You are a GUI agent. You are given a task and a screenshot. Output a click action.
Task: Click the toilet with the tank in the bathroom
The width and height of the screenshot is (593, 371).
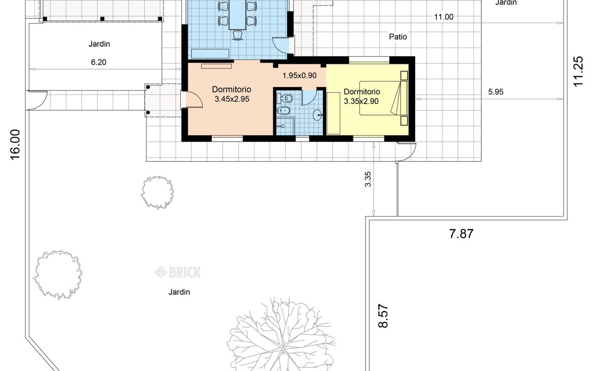click(x=284, y=99)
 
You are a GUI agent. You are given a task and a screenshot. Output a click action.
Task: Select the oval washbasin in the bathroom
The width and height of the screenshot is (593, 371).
click(x=318, y=115)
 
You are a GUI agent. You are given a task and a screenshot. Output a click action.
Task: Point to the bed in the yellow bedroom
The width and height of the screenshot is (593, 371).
click(x=383, y=98)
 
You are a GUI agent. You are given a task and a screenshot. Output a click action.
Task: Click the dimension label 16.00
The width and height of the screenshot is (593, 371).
click(x=15, y=145)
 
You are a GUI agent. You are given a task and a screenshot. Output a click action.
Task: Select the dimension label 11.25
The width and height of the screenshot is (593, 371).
click(x=578, y=71)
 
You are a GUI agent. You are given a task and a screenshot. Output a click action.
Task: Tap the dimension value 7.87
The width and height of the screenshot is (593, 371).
click(x=461, y=234)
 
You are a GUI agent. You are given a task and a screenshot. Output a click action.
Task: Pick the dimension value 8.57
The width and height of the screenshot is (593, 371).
click(x=383, y=316)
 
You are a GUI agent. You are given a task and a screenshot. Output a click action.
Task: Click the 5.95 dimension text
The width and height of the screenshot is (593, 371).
click(x=496, y=92)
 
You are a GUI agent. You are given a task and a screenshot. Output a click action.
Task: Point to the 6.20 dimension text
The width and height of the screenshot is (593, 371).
click(x=99, y=62)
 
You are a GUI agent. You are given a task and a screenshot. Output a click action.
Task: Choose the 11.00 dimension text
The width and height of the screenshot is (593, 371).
click(x=444, y=17)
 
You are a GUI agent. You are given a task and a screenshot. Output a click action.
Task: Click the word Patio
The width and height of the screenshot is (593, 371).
click(x=398, y=37)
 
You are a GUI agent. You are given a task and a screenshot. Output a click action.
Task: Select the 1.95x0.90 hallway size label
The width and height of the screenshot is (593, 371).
click(x=299, y=76)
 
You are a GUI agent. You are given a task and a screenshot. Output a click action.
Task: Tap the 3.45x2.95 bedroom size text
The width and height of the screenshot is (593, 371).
click(x=232, y=99)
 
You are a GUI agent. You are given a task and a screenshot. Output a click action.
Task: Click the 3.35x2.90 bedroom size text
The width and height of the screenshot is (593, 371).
click(x=361, y=101)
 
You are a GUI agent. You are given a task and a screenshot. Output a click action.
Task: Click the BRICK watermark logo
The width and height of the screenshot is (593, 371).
click(x=177, y=272)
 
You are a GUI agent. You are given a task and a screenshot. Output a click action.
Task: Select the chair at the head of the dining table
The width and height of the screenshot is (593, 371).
click(x=238, y=35)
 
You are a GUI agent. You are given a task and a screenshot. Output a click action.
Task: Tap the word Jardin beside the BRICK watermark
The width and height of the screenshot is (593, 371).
click(x=179, y=292)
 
